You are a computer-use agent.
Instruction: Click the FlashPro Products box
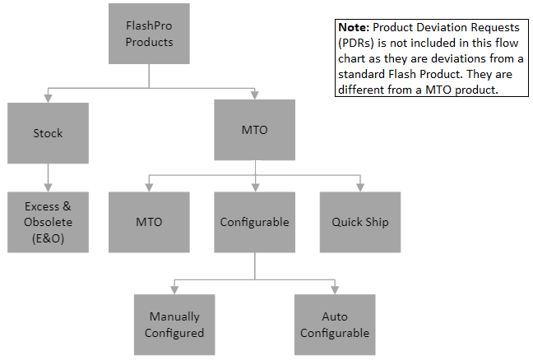[x=149, y=33]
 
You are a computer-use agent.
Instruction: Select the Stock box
[x=48, y=132]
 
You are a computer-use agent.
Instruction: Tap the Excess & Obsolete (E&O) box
[x=48, y=222]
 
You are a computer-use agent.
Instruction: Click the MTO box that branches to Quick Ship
[x=255, y=130]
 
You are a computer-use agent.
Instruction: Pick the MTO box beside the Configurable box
[x=149, y=222]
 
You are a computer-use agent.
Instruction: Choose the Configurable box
[x=255, y=222]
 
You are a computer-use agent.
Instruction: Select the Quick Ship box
[x=359, y=222]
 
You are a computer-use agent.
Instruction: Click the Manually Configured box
[x=174, y=325]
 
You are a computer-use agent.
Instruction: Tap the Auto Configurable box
[x=335, y=325]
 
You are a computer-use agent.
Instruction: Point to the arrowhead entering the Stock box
[x=48, y=97]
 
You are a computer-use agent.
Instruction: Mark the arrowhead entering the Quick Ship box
[x=359, y=188]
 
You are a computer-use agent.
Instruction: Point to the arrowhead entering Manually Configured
[x=174, y=290]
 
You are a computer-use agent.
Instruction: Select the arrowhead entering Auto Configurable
[x=335, y=290]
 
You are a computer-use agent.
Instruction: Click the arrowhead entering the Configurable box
[x=255, y=188]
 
